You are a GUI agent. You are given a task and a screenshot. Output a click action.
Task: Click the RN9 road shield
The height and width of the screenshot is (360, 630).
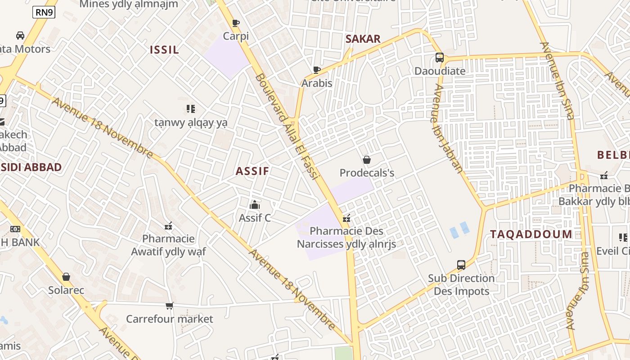click(44, 13)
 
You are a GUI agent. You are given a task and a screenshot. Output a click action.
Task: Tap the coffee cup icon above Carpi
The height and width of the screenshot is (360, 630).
click(235, 23)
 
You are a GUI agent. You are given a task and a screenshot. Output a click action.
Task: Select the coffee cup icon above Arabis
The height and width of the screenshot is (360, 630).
click(317, 70)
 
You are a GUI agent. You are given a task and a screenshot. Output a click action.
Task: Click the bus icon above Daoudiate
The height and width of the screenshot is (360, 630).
click(440, 58)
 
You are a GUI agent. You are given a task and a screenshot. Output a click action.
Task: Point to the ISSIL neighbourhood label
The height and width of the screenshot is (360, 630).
click(164, 50)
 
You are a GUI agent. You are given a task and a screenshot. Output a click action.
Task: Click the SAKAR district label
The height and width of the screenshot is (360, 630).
click(363, 39)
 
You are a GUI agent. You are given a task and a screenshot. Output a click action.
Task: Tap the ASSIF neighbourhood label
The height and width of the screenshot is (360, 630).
click(252, 171)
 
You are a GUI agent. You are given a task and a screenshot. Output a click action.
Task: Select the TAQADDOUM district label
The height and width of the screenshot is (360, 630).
click(531, 234)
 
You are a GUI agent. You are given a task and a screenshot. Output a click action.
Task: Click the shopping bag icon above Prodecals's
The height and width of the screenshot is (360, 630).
click(367, 160)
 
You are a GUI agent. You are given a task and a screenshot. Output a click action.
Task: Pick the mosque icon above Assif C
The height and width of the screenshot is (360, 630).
click(255, 205)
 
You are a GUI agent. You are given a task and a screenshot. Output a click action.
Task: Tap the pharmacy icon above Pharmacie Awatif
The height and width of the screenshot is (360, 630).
click(169, 225)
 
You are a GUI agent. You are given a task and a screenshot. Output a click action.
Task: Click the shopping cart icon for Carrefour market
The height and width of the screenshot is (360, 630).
click(169, 306)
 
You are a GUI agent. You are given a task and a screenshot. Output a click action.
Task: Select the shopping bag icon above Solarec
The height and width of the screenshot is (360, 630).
click(66, 277)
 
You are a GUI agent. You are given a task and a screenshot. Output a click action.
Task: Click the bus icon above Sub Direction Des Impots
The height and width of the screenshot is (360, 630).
click(461, 265)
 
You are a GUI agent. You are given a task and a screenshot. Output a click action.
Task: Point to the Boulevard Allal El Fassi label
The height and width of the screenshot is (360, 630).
click(287, 127)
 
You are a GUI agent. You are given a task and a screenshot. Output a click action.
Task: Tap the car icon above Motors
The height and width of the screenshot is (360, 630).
click(20, 36)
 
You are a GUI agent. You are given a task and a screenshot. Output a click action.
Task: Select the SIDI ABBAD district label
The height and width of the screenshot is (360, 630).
click(31, 167)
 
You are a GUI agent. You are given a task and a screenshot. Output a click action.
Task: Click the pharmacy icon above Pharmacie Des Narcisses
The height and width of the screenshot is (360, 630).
click(346, 219)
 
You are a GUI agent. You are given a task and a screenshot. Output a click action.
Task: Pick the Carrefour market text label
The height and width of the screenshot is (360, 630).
click(170, 319)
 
